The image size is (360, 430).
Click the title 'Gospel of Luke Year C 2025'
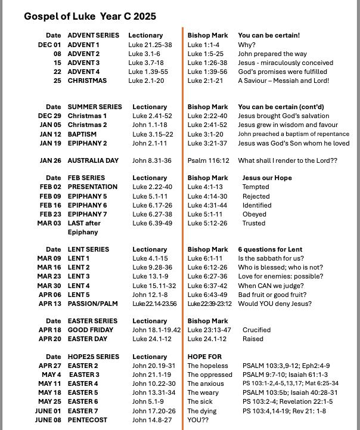pos(90,16)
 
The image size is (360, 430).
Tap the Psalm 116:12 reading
pos(208,160)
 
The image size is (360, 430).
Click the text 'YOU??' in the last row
pos(198,420)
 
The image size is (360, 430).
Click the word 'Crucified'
pos(256,330)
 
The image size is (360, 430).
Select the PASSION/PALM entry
pos(92,304)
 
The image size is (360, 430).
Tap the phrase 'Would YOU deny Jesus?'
pos(274,304)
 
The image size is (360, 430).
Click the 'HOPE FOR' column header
pos(204,357)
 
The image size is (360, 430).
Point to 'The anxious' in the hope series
pos(206,383)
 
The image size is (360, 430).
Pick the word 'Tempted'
pos(256,187)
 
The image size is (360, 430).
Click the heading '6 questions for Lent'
pos(270,249)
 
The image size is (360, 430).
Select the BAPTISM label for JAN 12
pos(82,134)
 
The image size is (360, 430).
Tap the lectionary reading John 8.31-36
pos(151,160)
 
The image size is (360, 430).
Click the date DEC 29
pos(49,116)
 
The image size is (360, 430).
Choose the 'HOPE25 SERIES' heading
pos(94,357)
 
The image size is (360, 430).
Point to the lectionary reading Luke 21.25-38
pos(150,45)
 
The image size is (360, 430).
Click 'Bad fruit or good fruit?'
pos(272,295)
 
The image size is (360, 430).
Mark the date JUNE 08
pos(48,420)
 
